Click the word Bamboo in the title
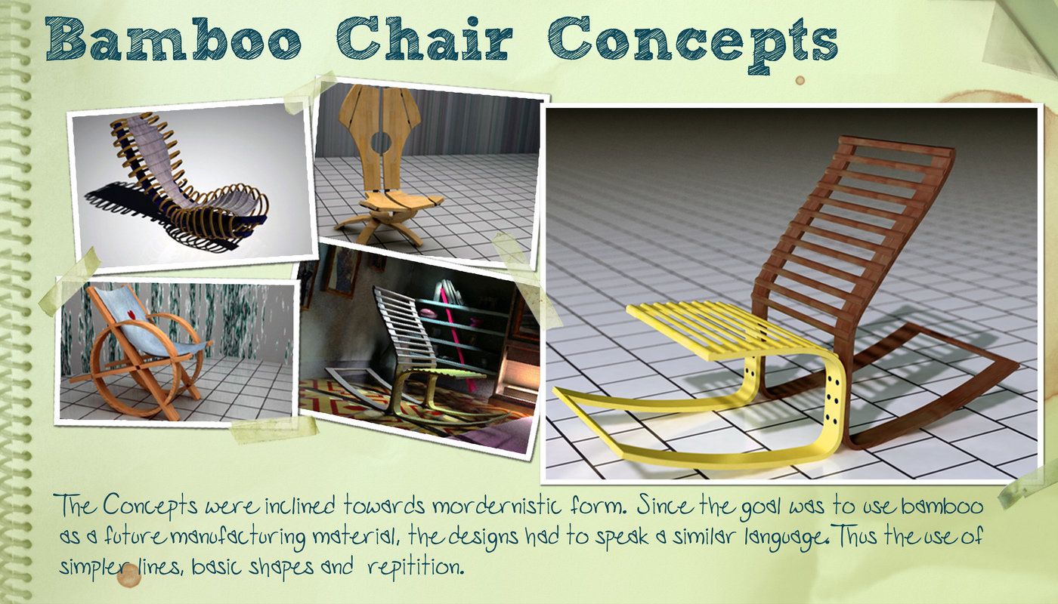[173, 39]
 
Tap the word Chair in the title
[424, 39]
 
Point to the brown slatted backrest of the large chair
[850, 236]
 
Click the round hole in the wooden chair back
[380, 142]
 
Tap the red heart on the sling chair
[131, 314]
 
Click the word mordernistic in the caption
[497, 506]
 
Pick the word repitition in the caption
[416, 566]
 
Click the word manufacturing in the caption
[237, 537]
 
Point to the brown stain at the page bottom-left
[128, 575]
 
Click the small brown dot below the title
[800, 80]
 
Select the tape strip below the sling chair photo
[274, 430]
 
